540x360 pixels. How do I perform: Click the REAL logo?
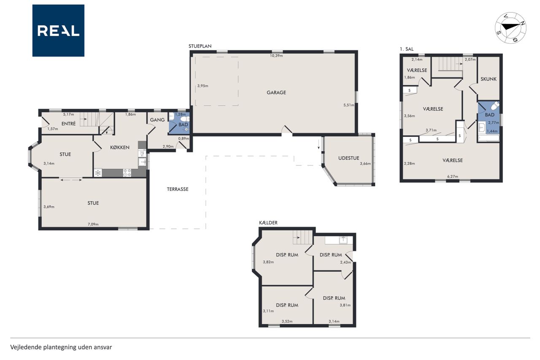point(58,31)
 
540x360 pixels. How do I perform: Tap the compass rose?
point(510,28)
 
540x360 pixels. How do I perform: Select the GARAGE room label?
point(276,92)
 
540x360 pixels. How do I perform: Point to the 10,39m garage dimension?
point(276,56)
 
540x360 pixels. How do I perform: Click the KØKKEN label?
point(120,147)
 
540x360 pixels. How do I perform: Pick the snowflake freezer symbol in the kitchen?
point(98,173)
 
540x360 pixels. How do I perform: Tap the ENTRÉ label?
point(69,124)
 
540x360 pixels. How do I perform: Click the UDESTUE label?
point(348,158)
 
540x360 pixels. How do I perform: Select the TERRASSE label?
point(178,189)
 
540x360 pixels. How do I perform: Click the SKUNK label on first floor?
point(489,79)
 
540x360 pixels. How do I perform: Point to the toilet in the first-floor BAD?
point(495,106)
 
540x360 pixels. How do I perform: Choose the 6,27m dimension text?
point(453,176)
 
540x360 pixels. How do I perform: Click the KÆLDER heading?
point(268,223)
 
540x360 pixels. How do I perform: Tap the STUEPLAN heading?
point(200,46)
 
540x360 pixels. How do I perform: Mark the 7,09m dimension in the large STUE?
point(93,224)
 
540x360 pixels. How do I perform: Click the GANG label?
point(157,120)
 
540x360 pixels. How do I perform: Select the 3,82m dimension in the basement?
point(268,262)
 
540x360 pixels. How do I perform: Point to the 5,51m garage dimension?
point(349,105)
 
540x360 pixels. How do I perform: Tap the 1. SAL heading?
point(406,49)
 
